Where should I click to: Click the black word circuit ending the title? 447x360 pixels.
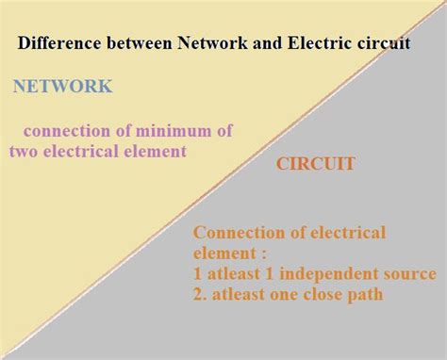pos(372,43)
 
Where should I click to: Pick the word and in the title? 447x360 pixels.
pos(244,43)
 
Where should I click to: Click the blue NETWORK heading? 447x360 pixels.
pos(62,87)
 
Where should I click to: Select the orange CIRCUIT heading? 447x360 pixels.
pos(315,164)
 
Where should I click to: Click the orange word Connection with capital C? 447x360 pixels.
pos(235,233)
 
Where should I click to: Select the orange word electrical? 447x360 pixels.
pos(345,233)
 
